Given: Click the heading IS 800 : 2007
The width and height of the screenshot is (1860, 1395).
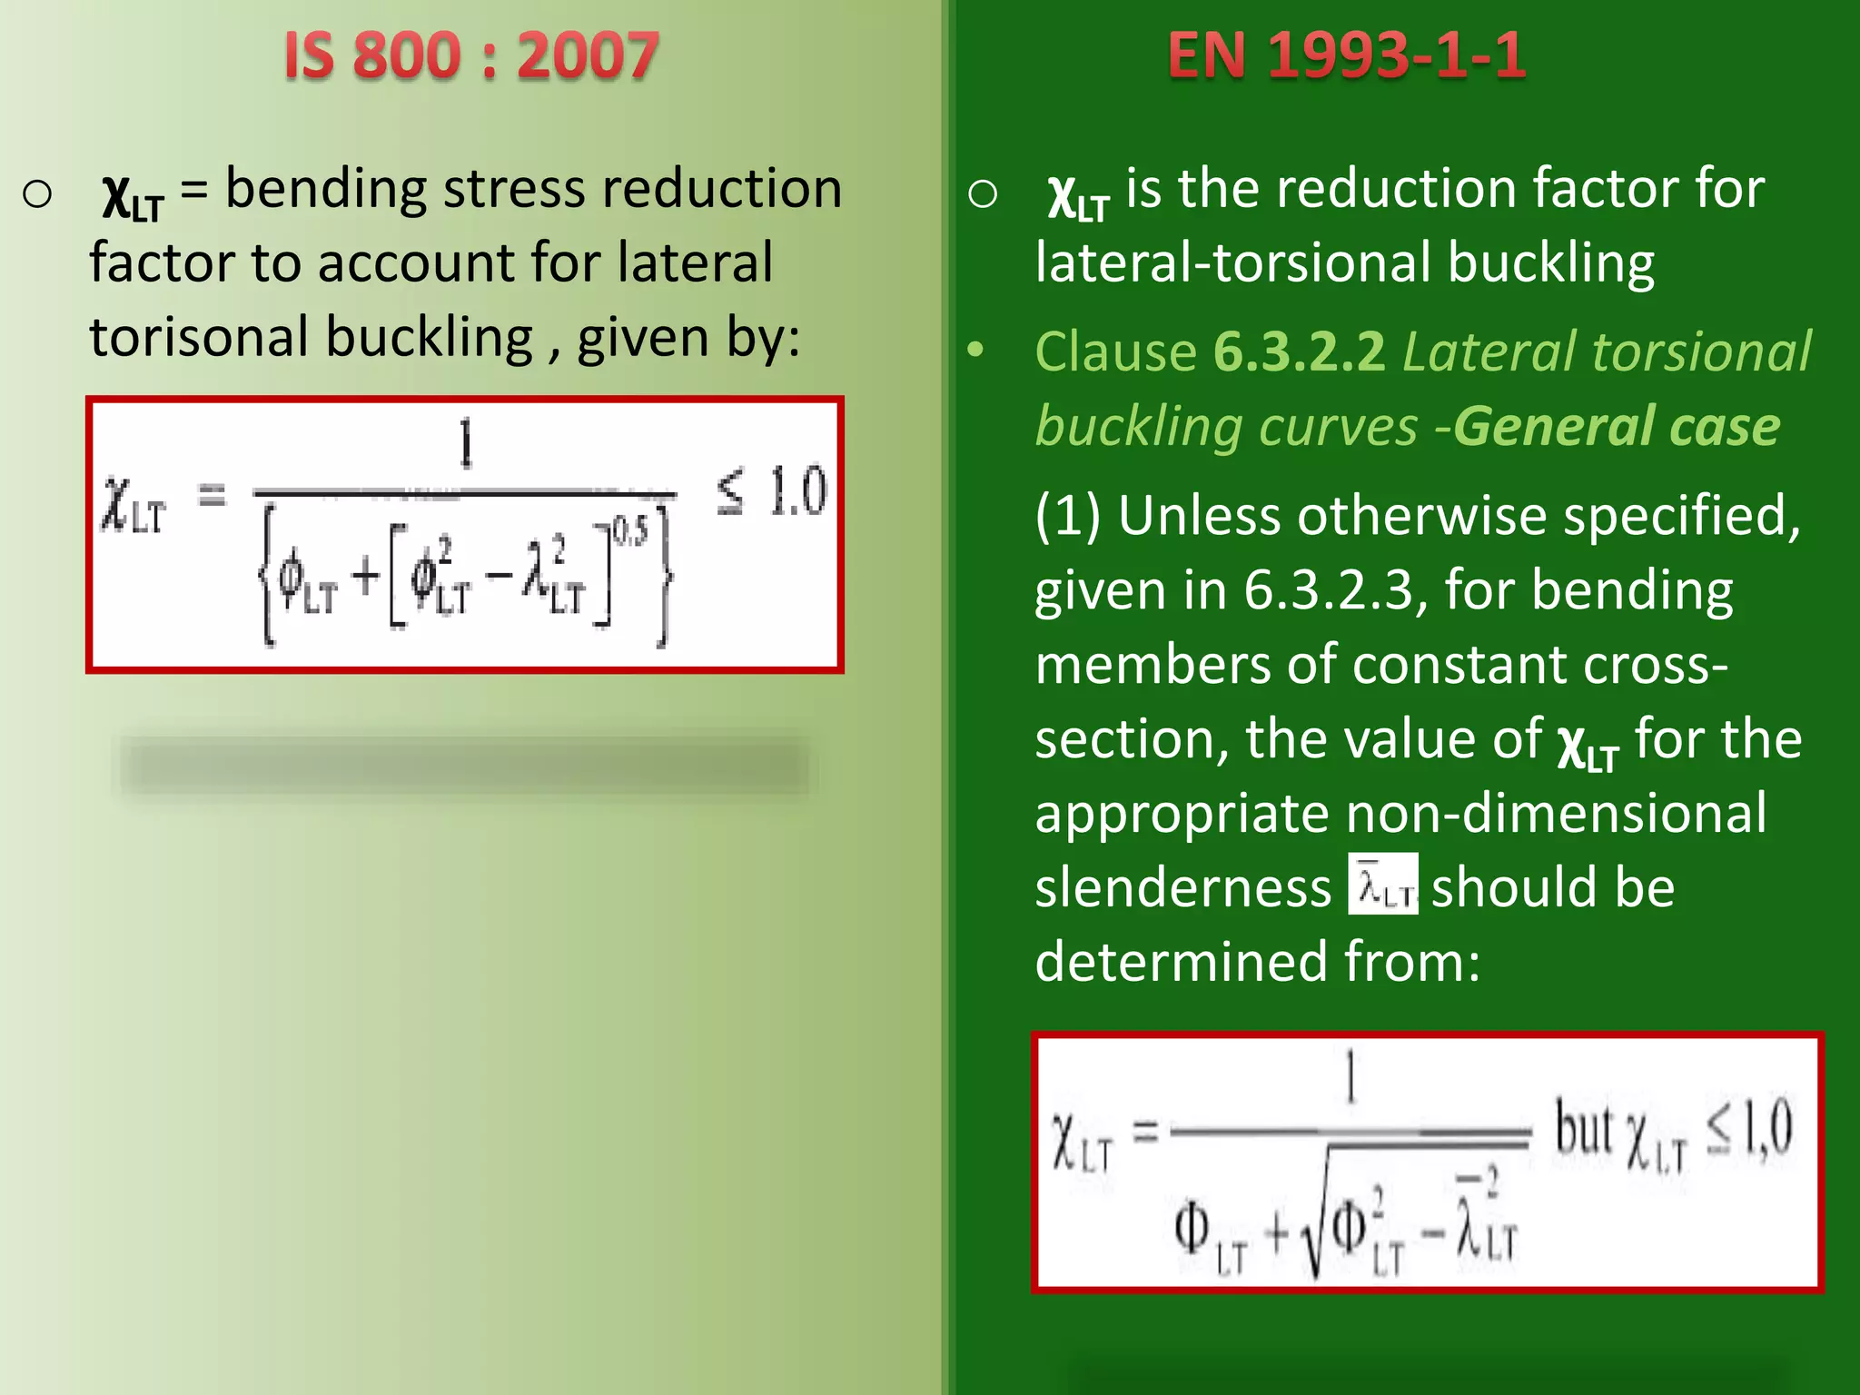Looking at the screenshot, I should [470, 56].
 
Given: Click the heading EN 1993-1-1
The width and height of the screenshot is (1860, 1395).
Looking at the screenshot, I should [1347, 56].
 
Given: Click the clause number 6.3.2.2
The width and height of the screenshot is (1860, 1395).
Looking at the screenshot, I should [1300, 352].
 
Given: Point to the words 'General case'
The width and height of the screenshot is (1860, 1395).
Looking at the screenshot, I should [1617, 427].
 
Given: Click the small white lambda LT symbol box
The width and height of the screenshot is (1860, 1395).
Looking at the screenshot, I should [1382, 884].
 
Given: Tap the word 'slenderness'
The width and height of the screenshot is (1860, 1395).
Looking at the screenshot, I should [1182, 887].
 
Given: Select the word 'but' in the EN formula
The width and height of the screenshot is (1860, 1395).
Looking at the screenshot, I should [1582, 1128].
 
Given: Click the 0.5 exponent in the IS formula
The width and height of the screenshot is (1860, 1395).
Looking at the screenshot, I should [630, 530].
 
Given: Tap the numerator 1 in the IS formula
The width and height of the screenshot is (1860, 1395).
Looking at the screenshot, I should [466, 443].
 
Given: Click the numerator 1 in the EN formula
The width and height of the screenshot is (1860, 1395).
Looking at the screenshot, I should [1350, 1075].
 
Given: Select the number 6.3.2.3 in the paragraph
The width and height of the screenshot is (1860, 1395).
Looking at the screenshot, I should [1329, 591].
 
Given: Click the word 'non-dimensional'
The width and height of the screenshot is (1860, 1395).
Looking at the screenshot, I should [1556, 813].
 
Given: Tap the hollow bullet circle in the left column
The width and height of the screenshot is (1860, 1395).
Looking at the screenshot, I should [37, 193].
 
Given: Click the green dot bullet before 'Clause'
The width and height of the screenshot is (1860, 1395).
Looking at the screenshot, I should [975, 351].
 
